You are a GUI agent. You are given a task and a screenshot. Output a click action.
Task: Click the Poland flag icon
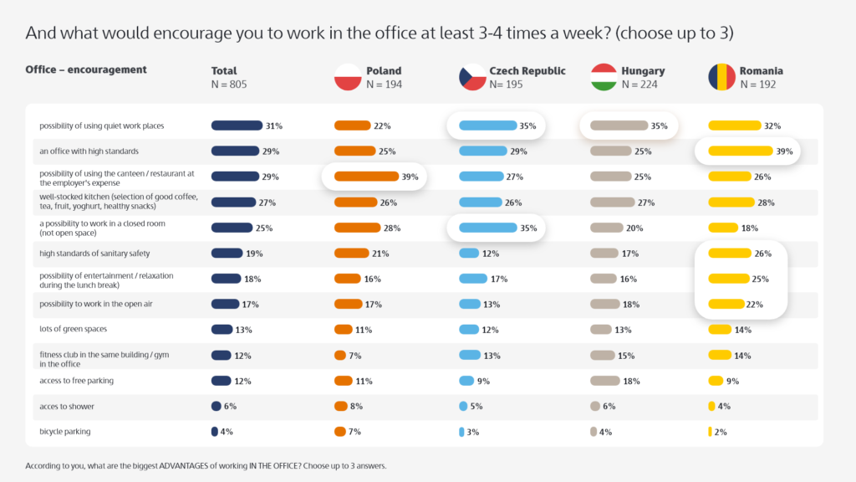tap(347, 77)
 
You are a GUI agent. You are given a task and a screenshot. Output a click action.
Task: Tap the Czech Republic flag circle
tap(472, 77)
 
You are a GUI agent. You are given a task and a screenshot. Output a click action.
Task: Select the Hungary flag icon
tap(604, 77)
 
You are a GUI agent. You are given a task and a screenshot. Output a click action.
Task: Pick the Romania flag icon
tap(721, 77)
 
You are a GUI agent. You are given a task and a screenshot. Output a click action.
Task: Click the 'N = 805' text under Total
tap(229, 85)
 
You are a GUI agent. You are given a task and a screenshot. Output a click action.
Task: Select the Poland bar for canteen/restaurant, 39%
tap(366, 177)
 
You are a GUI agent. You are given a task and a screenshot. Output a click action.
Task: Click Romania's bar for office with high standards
tap(741, 151)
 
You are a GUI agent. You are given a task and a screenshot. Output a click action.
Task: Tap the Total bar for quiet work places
tap(237, 126)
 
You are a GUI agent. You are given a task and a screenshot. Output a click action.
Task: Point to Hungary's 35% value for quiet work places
tap(660, 126)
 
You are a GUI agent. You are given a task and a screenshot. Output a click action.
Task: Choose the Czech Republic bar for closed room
tap(488, 228)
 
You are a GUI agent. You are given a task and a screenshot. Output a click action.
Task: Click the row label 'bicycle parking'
tap(65, 432)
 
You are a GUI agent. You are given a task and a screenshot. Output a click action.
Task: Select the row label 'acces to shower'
tap(67, 407)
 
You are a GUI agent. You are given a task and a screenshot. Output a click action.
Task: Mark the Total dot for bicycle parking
tap(214, 432)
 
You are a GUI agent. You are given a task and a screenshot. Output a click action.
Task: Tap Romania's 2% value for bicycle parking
tap(721, 433)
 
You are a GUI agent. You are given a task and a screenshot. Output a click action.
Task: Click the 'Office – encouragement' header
tap(86, 69)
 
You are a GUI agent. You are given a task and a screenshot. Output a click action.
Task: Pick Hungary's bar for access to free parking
tap(605, 381)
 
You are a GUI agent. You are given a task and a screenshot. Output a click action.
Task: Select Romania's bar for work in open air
tap(726, 305)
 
